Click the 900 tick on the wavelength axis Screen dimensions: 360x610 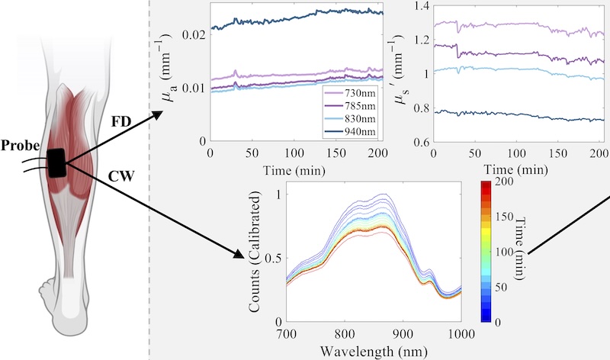pyautogui.click(x=403, y=333)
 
